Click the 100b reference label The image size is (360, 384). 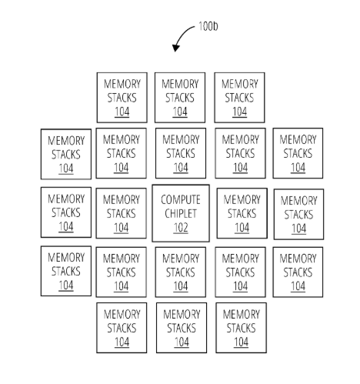point(208,26)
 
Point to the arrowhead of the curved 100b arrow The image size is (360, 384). point(176,48)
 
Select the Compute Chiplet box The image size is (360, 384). point(181,213)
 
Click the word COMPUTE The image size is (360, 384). point(181,199)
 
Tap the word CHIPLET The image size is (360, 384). point(181,213)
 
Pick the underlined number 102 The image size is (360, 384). point(181,228)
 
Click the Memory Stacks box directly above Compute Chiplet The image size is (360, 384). point(181,153)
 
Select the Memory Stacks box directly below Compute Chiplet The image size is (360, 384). point(181,272)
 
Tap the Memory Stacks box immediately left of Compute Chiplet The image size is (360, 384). point(122,213)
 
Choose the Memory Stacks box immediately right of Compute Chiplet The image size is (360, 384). point(242,213)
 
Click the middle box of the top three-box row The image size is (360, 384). point(180,98)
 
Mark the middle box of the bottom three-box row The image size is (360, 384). point(182,328)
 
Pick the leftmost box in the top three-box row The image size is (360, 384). point(122,98)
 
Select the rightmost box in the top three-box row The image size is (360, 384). point(239,98)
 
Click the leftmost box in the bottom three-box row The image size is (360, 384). point(122,328)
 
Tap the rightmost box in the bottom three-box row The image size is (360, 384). point(241,328)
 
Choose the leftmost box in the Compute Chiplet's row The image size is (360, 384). point(66,212)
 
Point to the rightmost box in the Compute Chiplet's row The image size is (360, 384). point(298,214)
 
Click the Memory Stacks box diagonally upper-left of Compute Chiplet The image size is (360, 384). point(122,153)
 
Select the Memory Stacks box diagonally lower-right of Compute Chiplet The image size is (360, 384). point(240,272)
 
